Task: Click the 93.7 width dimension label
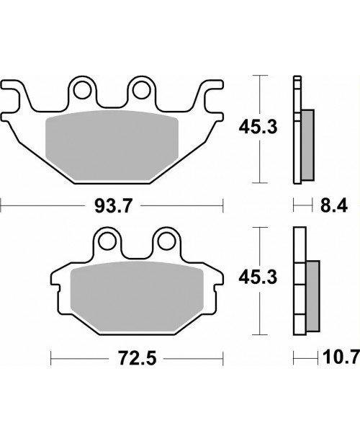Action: tap(112, 208)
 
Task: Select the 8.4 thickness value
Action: tap(333, 208)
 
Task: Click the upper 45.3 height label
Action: tap(256, 128)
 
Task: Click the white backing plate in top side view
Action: tap(296, 130)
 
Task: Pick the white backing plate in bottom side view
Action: tap(299, 285)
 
